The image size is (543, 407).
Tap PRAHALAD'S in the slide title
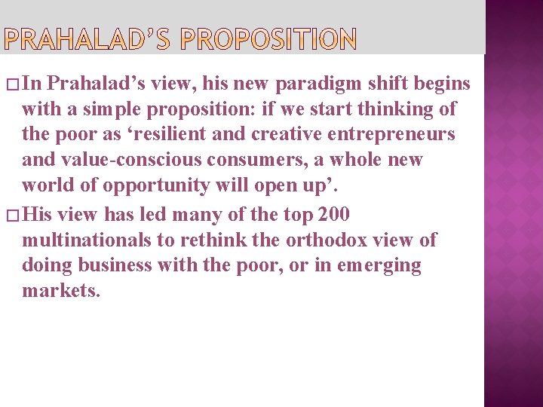coord(91,39)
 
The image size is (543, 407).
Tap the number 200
coord(334,215)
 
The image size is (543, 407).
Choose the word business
coord(126,266)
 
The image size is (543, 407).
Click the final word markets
coord(60,291)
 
